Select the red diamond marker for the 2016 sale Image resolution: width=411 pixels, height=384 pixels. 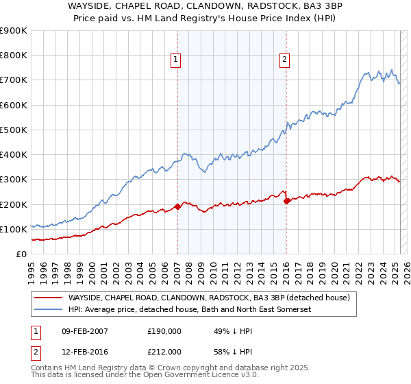[x=286, y=201]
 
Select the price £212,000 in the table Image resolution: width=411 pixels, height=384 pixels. [x=164, y=352]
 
